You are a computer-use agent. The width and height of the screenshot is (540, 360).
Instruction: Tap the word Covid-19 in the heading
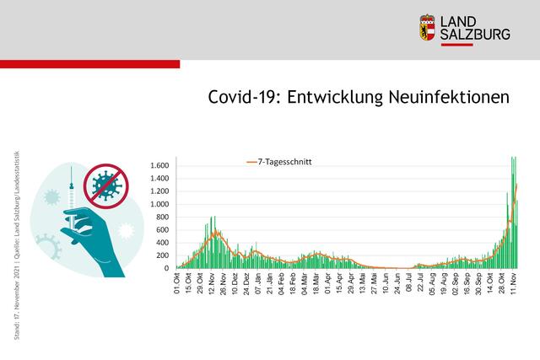pyautogui.click(x=244, y=98)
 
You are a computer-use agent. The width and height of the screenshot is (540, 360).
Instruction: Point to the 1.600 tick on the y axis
pyautogui.click(x=160, y=165)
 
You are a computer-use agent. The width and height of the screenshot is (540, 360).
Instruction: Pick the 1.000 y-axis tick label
pyautogui.click(x=160, y=204)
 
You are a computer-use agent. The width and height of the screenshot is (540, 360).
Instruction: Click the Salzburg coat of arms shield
pyautogui.click(x=428, y=27)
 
